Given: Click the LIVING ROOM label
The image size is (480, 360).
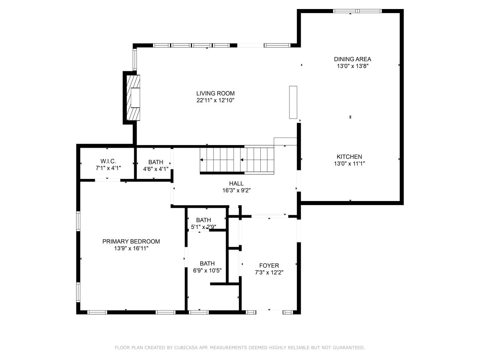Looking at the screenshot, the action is (x=215, y=93).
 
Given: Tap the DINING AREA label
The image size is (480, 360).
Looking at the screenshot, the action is (x=352, y=59).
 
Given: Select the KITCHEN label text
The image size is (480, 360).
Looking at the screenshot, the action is (x=349, y=156).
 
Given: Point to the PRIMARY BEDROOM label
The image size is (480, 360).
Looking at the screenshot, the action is (x=131, y=241).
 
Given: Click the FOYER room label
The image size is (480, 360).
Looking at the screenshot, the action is (x=269, y=265).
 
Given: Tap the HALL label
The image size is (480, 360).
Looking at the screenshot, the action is (x=236, y=183).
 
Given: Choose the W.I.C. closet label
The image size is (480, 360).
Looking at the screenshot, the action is (x=108, y=161).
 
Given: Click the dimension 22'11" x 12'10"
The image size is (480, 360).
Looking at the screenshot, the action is (x=215, y=100).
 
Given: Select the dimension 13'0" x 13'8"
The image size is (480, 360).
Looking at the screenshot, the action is (x=352, y=66).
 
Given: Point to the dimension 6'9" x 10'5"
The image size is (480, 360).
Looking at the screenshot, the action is (x=207, y=271).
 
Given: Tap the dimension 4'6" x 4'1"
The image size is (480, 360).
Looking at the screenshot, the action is (x=156, y=169).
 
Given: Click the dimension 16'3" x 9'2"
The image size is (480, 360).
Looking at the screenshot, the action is (x=236, y=190).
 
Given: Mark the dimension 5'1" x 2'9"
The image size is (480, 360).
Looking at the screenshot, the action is (x=204, y=227).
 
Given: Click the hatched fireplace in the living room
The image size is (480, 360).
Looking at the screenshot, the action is (x=133, y=98).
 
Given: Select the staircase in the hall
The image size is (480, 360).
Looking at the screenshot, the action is (x=237, y=160).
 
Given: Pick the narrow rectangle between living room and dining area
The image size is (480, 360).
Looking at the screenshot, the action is (x=293, y=102).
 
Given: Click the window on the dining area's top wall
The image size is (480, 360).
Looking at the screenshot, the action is (x=357, y=11).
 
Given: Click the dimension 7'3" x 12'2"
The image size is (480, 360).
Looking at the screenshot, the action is (x=269, y=273).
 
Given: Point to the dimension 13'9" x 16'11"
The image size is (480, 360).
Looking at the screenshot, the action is (x=131, y=248).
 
